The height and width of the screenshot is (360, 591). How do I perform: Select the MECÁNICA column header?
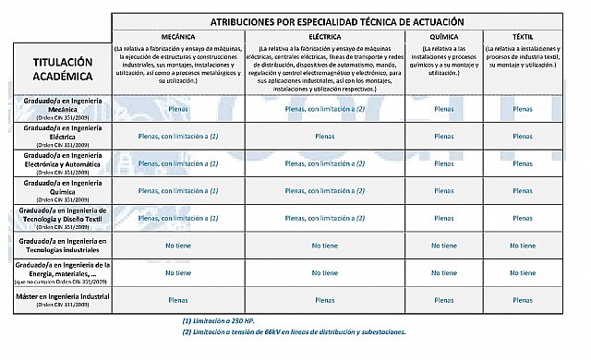point(177,38)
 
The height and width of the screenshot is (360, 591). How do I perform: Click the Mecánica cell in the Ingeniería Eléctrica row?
point(177,135)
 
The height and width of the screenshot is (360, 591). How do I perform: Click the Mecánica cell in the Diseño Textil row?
point(177,218)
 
